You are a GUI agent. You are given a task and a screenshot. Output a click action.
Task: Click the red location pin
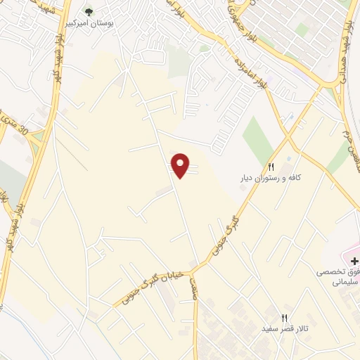[x=181, y=165]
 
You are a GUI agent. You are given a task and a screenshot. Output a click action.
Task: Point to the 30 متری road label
[x=15, y=125]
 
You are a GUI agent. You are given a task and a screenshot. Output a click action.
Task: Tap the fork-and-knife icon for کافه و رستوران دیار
[x=271, y=167]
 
